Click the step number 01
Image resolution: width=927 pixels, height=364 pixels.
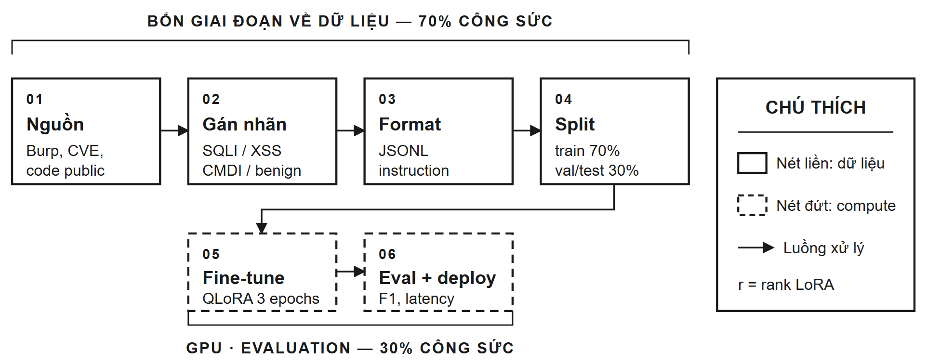[x=35, y=99]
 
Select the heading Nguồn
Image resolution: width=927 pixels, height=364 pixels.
[x=55, y=124]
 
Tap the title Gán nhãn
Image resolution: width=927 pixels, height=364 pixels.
[x=244, y=124]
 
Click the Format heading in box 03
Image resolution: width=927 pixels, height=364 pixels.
[x=410, y=124]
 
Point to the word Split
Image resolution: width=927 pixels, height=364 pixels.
[x=574, y=124]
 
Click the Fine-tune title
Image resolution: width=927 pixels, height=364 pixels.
[x=243, y=278]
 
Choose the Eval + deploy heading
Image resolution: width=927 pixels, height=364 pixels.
[x=437, y=278]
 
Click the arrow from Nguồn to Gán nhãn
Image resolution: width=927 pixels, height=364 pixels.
[x=174, y=130]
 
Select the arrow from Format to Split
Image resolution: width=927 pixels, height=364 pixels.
[x=527, y=130]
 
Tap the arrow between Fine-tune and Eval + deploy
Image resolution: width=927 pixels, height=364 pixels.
[x=350, y=272]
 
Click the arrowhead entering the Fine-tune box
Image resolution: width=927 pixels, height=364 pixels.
[x=262, y=228]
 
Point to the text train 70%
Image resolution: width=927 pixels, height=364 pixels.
[x=587, y=151]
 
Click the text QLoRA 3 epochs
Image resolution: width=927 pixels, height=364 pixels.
[x=261, y=299]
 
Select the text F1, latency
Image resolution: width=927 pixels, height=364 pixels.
[x=416, y=299]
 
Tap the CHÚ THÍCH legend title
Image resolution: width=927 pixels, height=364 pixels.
[x=815, y=107]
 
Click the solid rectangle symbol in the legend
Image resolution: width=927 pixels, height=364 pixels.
[x=752, y=163]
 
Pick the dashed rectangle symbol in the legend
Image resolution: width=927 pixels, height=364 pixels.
[x=752, y=205]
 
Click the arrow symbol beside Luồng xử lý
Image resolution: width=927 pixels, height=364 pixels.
[x=756, y=248]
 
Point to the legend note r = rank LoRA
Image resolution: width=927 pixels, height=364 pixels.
[x=786, y=285]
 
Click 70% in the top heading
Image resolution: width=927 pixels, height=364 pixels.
[x=435, y=21]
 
